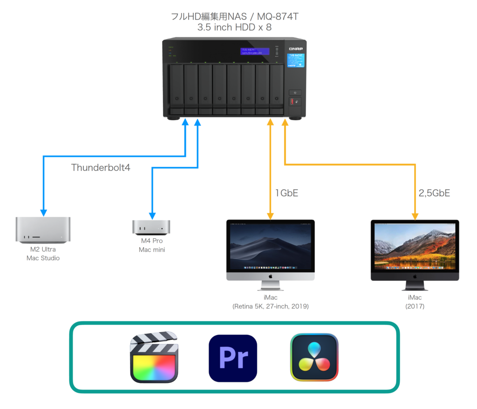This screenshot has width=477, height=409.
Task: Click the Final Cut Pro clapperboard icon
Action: [x=154, y=357]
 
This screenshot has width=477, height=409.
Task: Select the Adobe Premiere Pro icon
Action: [x=232, y=358]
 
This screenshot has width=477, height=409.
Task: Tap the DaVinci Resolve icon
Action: [x=314, y=357]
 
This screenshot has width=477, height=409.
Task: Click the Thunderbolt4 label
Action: [x=101, y=168]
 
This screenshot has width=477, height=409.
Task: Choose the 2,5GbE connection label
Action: [x=434, y=193]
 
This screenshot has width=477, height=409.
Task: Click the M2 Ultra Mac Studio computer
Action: [x=43, y=229]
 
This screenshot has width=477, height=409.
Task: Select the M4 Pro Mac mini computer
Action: [x=151, y=227]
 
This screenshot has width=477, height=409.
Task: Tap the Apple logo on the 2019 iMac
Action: [x=270, y=275]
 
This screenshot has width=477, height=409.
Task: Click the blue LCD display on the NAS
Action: [x=252, y=51]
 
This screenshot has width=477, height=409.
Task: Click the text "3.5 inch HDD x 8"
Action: [x=234, y=27]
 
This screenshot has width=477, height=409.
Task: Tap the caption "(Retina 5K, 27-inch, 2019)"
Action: [x=270, y=306]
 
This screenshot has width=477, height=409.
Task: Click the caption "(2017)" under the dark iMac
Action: [x=415, y=306]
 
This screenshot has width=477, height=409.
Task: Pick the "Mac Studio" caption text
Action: [x=43, y=258]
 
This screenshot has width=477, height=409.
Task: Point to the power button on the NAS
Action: [x=295, y=93]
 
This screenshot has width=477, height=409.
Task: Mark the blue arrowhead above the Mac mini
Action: [x=151, y=216]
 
